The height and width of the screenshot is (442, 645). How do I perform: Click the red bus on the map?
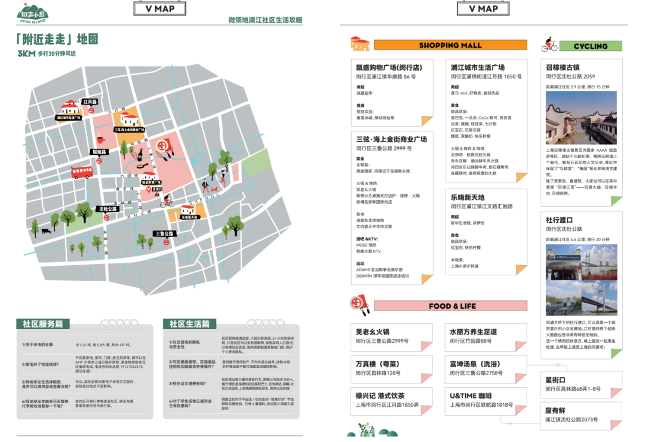click(x=82, y=172)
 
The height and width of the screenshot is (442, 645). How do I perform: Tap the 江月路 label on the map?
click(x=90, y=102)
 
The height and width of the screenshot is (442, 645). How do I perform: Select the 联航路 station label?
click(x=99, y=152)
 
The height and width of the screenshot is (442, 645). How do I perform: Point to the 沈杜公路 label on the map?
click(x=108, y=209)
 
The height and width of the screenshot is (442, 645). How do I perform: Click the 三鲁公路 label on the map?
click(x=164, y=234)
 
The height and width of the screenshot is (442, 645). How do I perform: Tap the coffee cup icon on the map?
click(x=100, y=140)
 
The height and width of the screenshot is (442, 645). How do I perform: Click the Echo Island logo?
click(x=33, y=13)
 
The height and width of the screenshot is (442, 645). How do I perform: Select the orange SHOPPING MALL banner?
click(x=450, y=45)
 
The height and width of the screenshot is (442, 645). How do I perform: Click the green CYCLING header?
click(x=590, y=46)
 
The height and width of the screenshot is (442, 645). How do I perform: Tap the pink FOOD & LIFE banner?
click(x=451, y=306)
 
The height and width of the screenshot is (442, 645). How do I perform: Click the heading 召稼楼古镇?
click(x=563, y=67)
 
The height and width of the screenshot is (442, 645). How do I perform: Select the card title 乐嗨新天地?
click(x=468, y=197)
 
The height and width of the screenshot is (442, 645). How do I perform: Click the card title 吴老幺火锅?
click(x=372, y=331)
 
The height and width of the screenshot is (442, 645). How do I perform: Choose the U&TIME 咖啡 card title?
click(x=471, y=395)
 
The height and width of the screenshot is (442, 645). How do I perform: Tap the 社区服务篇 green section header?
click(x=43, y=324)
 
